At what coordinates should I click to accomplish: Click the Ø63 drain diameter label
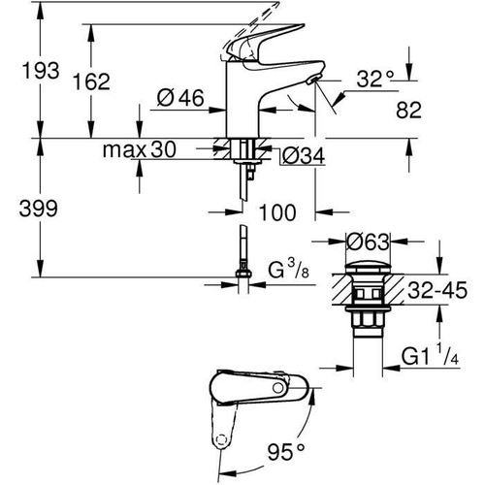pyautogui.click(x=373, y=241)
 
